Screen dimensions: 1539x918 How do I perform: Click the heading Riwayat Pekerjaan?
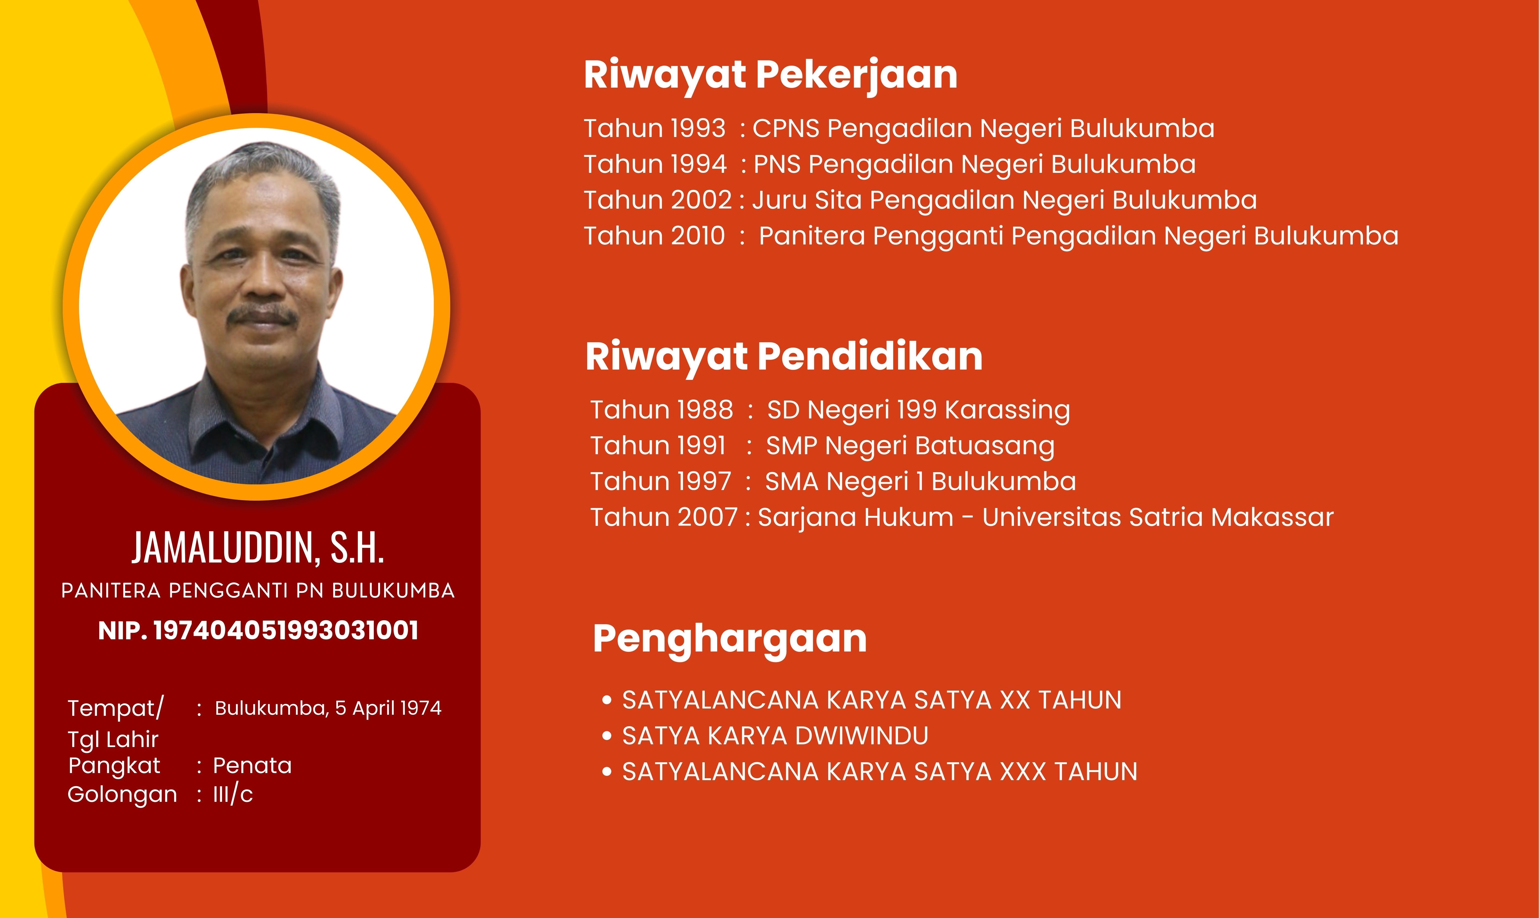pyautogui.click(x=770, y=75)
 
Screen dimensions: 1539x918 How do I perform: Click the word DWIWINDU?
pyautogui.click(x=861, y=736)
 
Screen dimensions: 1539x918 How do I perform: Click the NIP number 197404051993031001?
pyautogui.click(x=286, y=630)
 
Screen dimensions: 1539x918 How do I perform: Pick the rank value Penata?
pyautogui.click(x=252, y=766)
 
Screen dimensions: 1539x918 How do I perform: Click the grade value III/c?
pyautogui.click(x=233, y=794)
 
